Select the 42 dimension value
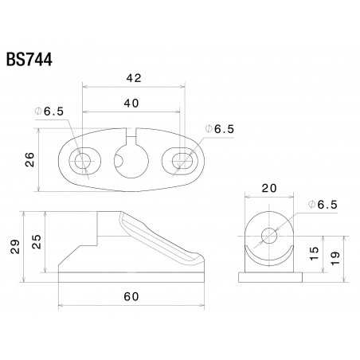pos(134,77)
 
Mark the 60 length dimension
pos(132,297)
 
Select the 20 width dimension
pos(268,188)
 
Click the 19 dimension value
pos(335,256)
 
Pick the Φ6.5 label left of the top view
pos(68,112)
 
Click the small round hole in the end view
pos(269,235)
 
